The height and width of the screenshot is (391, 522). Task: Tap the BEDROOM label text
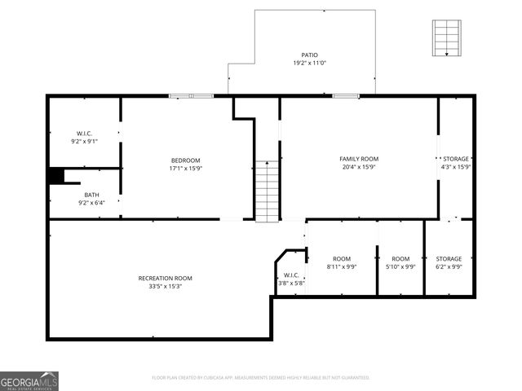185,160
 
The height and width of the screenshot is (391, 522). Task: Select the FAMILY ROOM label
359,159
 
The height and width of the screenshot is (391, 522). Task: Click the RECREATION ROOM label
165,279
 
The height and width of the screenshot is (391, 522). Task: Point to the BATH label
92,195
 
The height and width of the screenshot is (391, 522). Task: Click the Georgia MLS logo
29,381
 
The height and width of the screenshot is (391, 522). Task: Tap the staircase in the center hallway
267,191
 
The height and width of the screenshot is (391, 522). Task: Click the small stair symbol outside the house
446,38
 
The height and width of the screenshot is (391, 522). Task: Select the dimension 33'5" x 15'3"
165,287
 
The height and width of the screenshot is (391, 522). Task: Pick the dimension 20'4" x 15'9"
359,167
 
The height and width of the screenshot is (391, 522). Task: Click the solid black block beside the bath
55,176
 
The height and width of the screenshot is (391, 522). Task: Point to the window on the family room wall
346,96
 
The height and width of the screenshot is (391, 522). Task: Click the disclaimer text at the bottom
261,377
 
